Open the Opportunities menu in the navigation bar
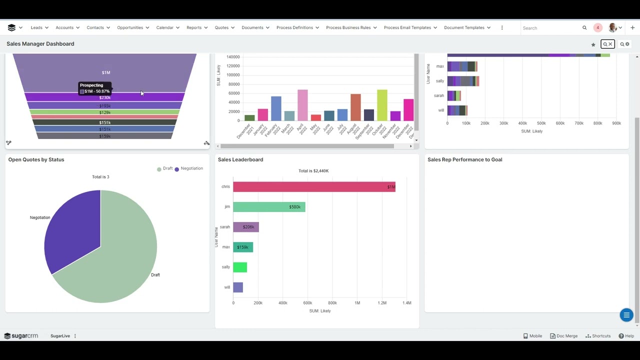click(x=130, y=27)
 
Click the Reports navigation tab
click(x=194, y=27)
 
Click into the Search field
click(x=550, y=28)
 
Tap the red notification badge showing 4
click(x=597, y=27)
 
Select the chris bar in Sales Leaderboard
click(x=314, y=187)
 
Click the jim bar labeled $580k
click(x=269, y=207)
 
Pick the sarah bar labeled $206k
click(x=245, y=227)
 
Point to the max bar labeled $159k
click(x=243, y=247)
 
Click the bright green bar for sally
click(x=240, y=267)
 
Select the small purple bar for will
click(x=238, y=287)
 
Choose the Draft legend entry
click(x=165, y=168)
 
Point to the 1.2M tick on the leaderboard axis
click(x=382, y=302)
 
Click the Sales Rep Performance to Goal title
click(x=464, y=159)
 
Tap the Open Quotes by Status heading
click(x=36, y=159)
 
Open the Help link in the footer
click(x=626, y=336)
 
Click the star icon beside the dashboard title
click(x=593, y=44)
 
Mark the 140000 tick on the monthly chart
click(x=233, y=57)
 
